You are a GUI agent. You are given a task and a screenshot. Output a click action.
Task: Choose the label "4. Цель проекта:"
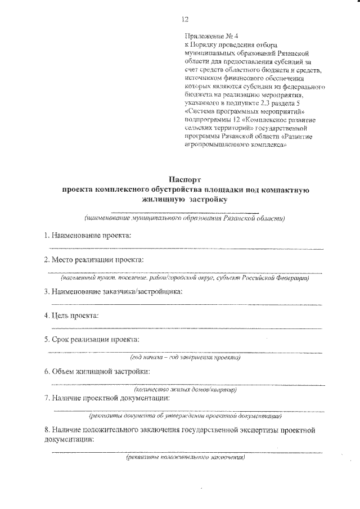coord(72,315)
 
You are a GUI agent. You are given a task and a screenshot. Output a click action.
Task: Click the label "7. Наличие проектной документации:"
coord(107,398)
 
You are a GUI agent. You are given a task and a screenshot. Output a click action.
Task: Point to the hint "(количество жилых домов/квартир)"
coord(185,389)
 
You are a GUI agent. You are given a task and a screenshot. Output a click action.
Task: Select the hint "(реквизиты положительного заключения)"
coord(185,458)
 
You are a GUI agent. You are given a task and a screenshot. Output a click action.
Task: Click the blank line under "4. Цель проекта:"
coord(185,328)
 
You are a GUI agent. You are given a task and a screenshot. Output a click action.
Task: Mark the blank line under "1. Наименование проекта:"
coord(185,247)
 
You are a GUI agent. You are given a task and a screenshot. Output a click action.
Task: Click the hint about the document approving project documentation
coord(185,417)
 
